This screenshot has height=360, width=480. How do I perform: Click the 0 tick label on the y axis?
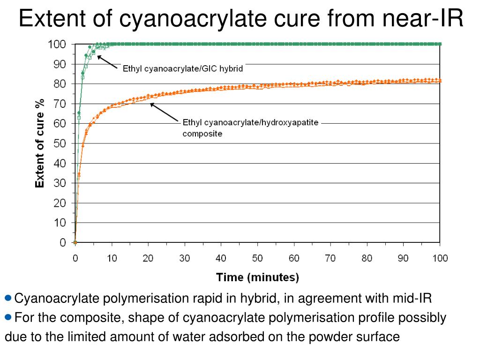[62, 243]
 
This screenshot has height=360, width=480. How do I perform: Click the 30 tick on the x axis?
[184, 258]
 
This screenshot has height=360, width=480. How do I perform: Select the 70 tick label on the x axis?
[330, 258]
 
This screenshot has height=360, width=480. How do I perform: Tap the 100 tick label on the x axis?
[439, 258]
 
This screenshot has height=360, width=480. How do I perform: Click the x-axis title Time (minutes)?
[257, 277]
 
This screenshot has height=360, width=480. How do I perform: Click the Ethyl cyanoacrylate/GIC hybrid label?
[183, 68]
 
